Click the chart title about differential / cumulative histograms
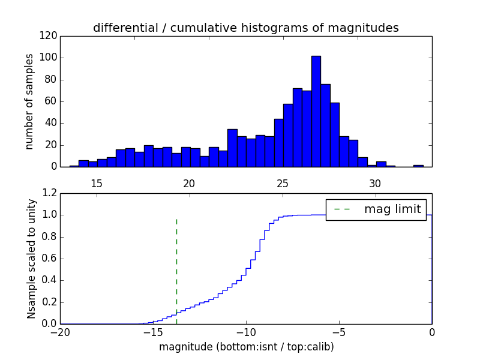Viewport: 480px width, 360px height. coord(245,28)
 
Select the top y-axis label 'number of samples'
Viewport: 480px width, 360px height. coord(29,101)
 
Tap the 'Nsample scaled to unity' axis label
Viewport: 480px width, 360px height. coord(31,259)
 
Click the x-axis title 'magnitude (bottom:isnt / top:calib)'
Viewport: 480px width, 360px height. coord(246,347)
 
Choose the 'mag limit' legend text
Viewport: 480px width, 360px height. coord(392,209)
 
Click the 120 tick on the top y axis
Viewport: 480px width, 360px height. coord(50,36)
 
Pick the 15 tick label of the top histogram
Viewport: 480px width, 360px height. coord(97,183)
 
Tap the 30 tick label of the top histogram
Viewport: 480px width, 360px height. coord(376,183)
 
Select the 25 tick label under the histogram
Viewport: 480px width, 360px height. coord(283,183)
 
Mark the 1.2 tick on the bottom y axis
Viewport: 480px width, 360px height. coord(50,193)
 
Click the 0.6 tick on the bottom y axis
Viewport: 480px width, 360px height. coord(50,259)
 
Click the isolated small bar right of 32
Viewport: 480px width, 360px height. coord(418,166)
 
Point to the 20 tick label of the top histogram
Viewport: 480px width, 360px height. coord(190,183)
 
